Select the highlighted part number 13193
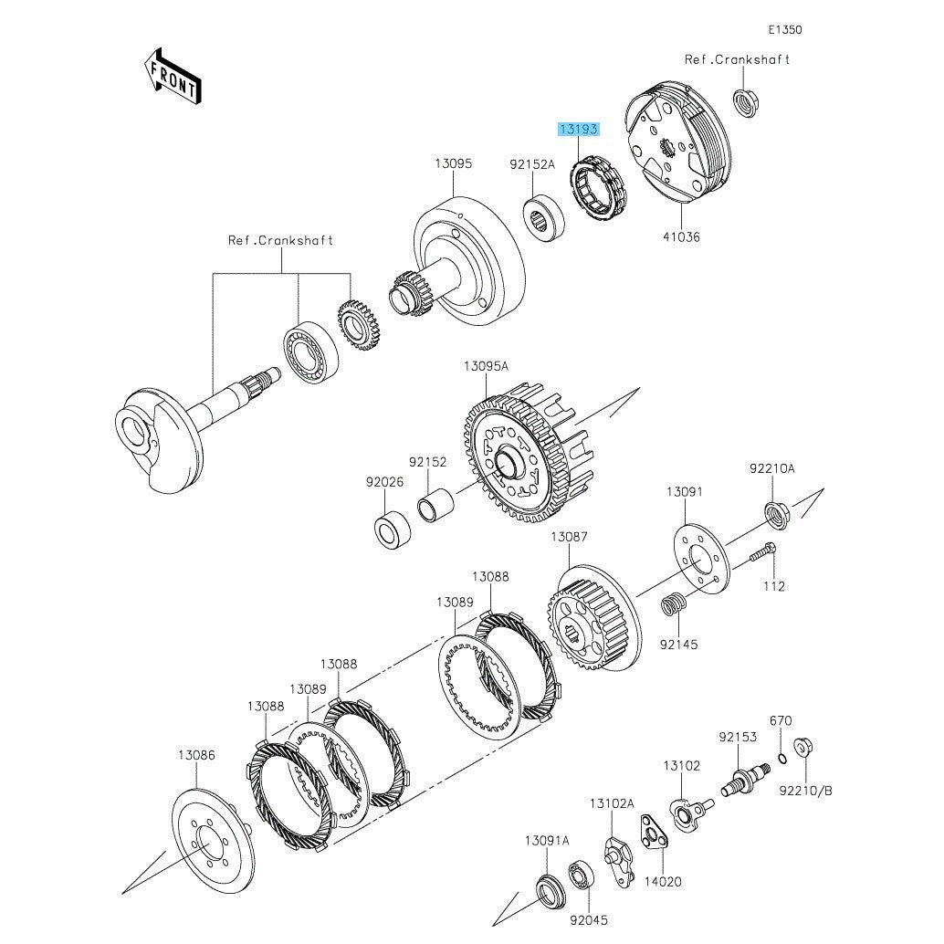tap(580, 130)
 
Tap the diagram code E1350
tap(785, 30)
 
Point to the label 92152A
tap(531, 165)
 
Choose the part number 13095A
tap(486, 366)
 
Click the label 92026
tap(385, 481)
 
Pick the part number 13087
tap(568, 538)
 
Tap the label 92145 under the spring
tap(679, 645)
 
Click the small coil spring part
tap(673, 604)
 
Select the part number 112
tap(774, 586)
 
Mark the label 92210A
tap(772, 468)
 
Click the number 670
tap(781, 720)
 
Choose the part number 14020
tap(664, 883)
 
